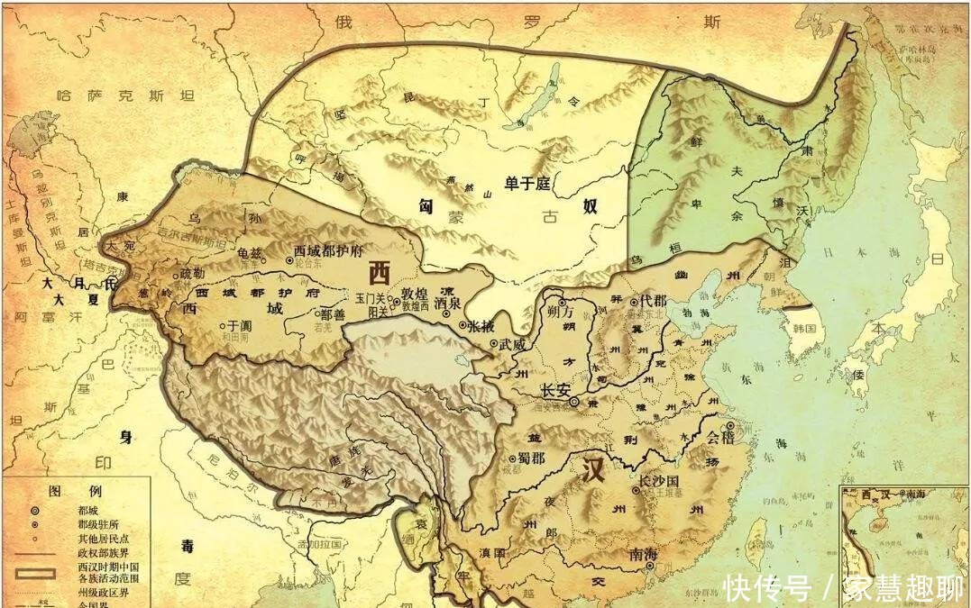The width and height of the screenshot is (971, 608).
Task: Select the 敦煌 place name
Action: [x=416, y=293]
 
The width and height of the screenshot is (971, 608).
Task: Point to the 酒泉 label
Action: [x=447, y=304]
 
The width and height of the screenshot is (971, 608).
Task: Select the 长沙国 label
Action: [x=658, y=481]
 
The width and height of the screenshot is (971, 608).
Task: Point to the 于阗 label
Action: [x=238, y=326]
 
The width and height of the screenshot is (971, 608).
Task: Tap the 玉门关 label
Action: [x=371, y=296]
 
